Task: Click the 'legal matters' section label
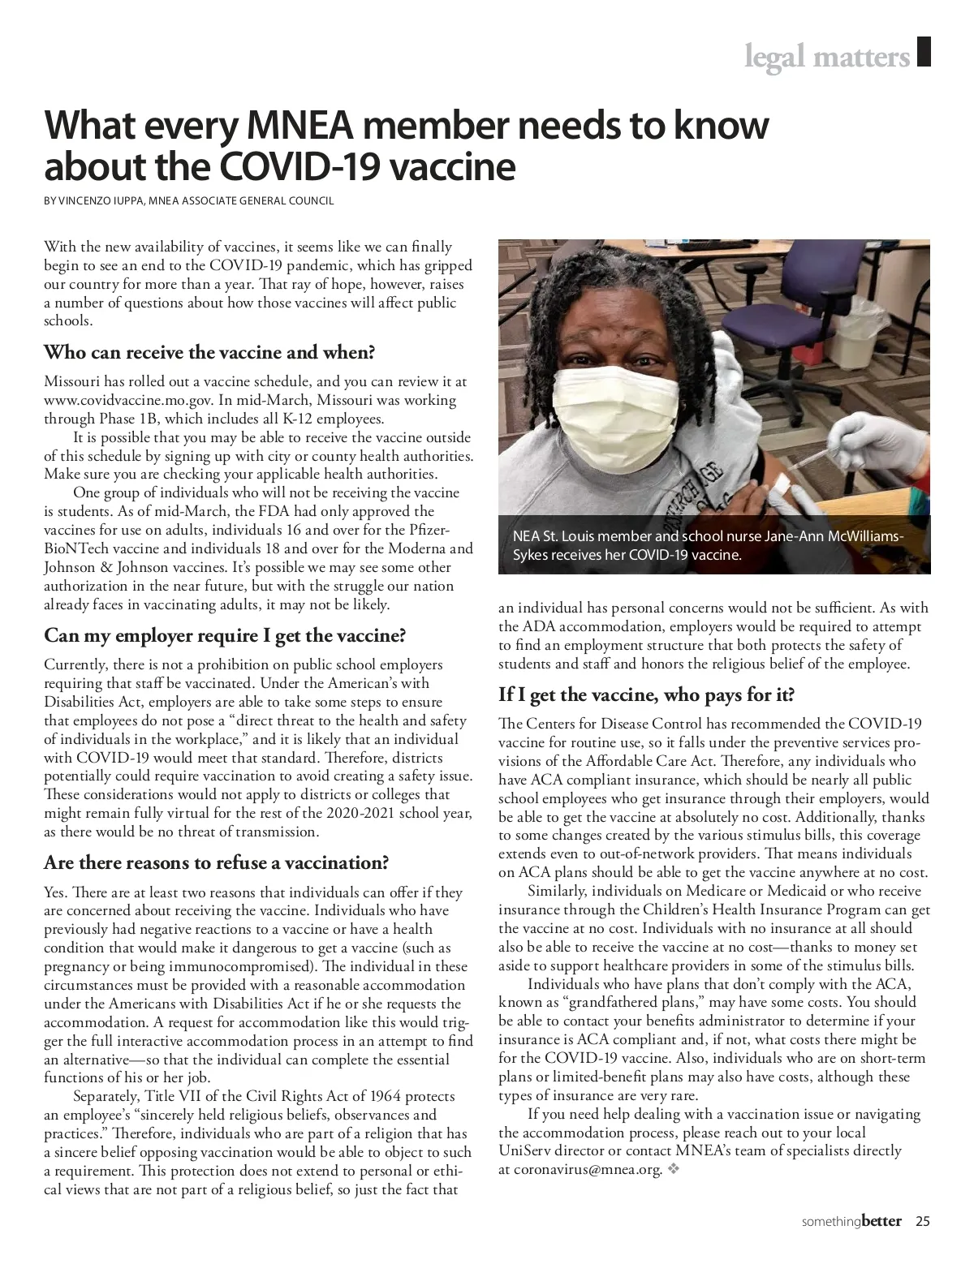(x=827, y=58)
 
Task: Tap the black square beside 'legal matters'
(x=923, y=52)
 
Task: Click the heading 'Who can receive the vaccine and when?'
(x=209, y=353)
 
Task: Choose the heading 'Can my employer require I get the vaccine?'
(x=225, y=634)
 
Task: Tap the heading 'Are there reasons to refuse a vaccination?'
(x=217, y=862)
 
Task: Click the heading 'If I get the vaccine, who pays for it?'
(x=646, y=694)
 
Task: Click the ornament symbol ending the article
(x=672, y=1169)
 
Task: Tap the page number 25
(x=923, y=1221)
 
